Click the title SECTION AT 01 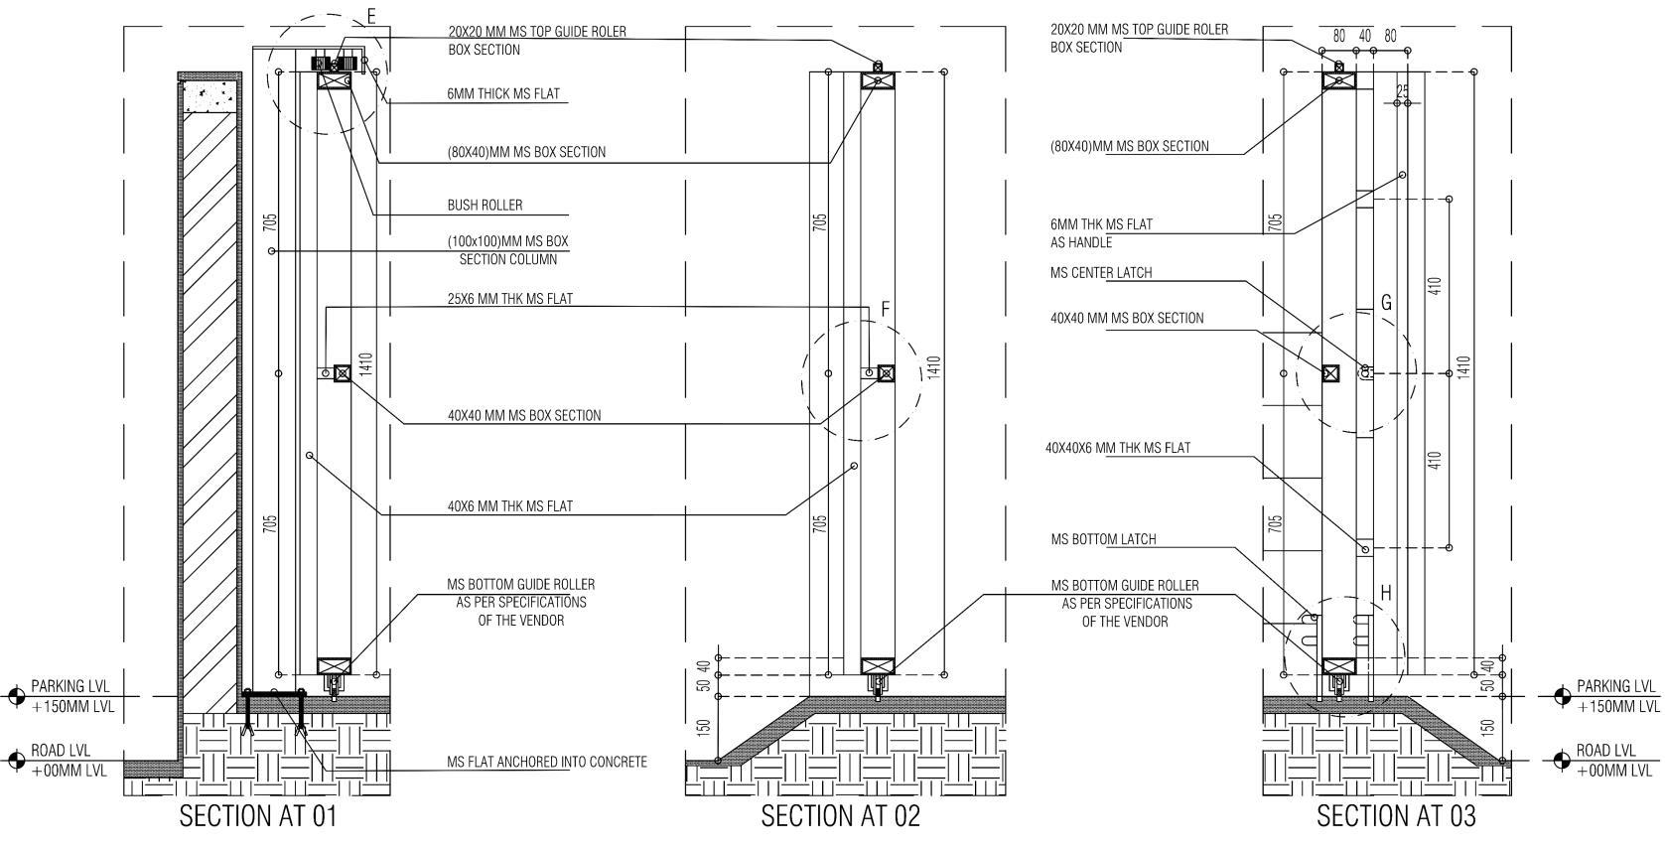point(258,816)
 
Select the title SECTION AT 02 point(840,816)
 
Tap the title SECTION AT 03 point(1395,816)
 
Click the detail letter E point(371,16)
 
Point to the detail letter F point(886,310)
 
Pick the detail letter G point(1386,303)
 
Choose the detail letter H point(1386,594)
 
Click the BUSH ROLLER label point(485,206)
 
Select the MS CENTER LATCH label point(1101,273)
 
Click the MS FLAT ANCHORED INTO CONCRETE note point(546,763)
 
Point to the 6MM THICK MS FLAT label point(503,94)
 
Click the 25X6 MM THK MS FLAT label point(509,299)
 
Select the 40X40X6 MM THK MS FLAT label point(1117,448)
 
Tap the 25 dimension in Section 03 point(1402,91)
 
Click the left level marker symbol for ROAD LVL point(16,761)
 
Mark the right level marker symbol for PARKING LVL point(1561,696)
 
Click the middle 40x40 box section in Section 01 point(343,373)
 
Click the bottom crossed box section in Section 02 point(878,666)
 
